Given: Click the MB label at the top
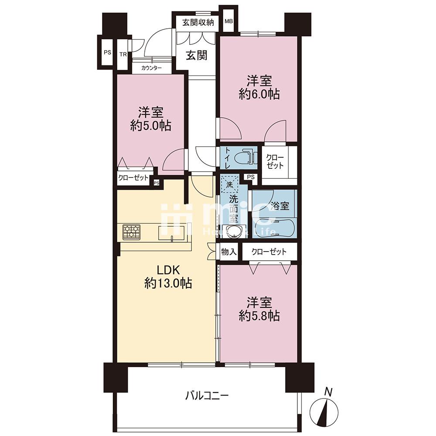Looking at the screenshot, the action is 228,21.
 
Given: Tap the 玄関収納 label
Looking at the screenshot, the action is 198,23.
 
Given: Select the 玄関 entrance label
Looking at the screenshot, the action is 197,55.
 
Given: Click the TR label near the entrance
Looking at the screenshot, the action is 123,54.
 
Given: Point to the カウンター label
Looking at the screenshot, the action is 152,68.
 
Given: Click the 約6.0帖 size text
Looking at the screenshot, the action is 259,95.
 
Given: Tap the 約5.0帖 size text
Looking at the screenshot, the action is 151,126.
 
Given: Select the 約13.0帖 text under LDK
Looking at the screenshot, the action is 168,283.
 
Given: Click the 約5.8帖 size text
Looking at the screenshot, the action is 259,316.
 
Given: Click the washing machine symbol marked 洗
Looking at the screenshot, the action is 230,184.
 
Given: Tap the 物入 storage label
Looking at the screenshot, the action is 228,252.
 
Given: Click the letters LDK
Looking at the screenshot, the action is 169,269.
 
